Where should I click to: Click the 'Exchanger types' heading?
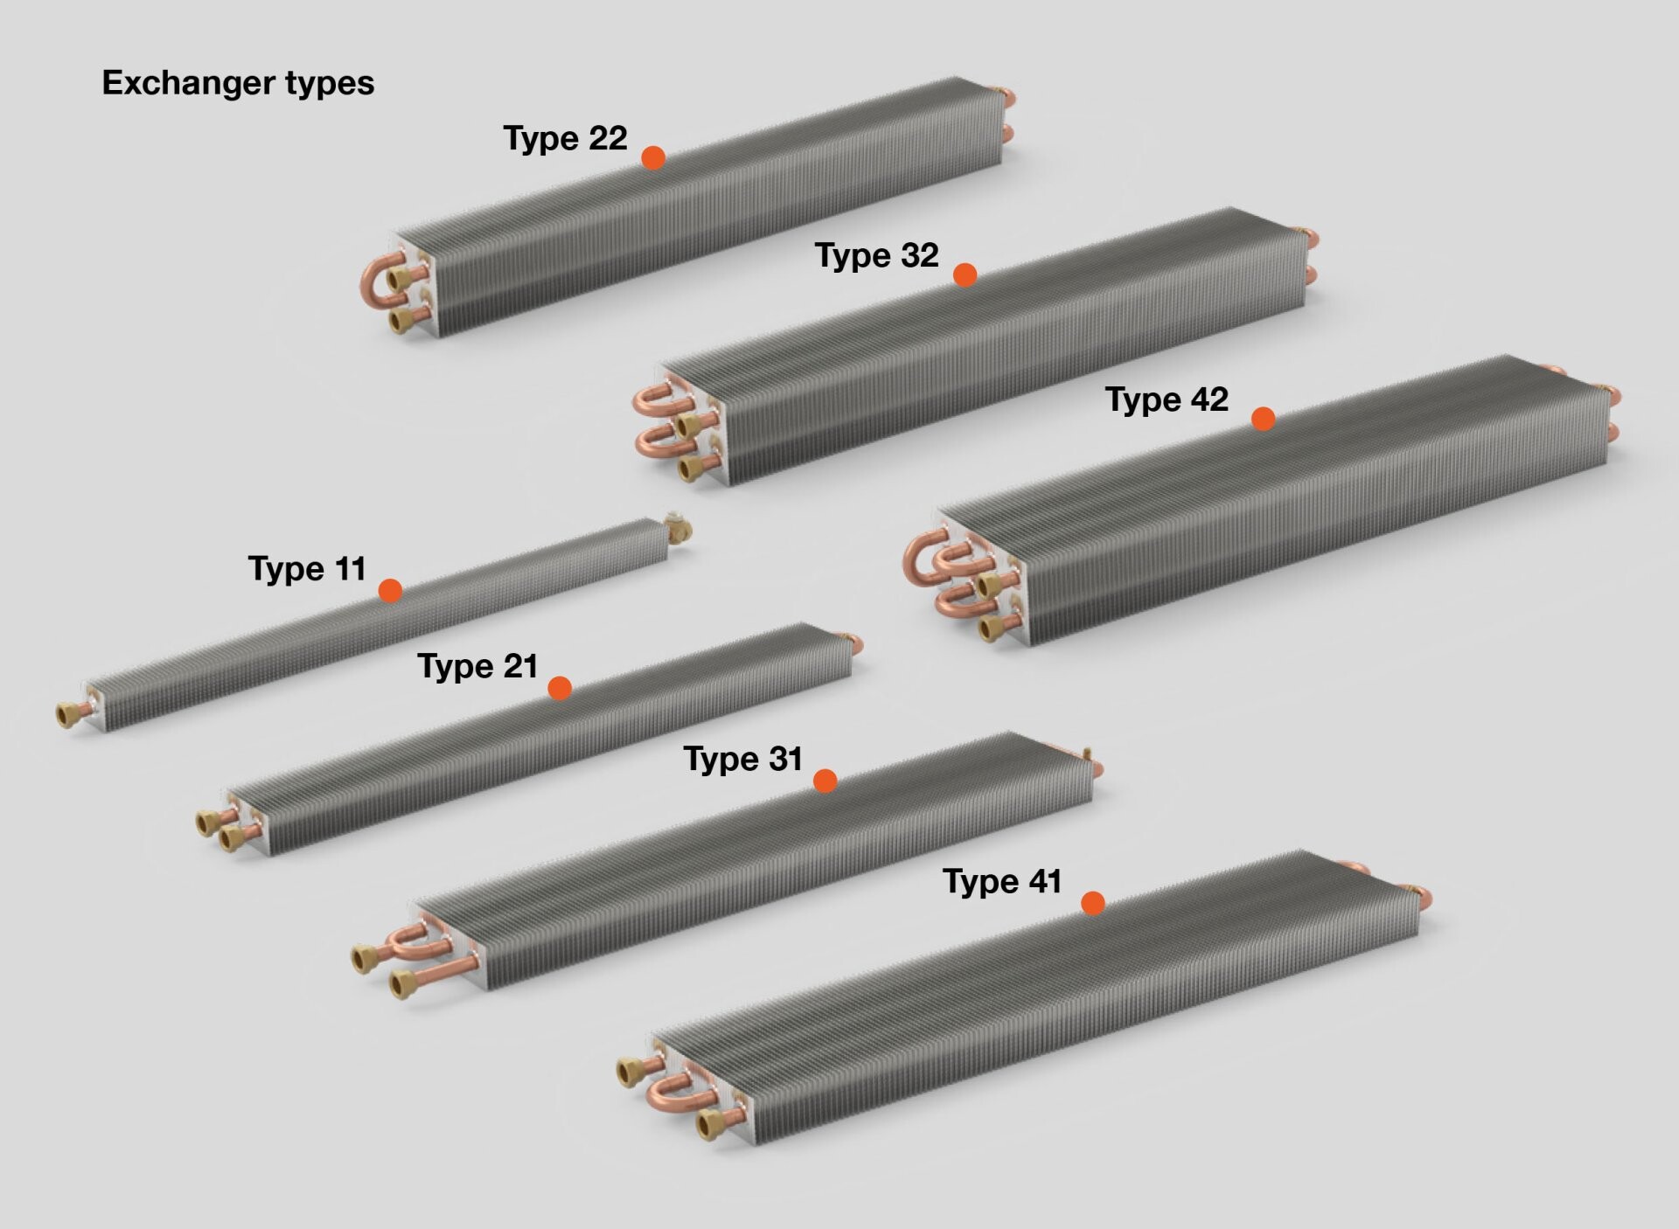pyautogui.click(x=238, y=83)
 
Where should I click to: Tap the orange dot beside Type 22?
pyautogui.click(x=653, y=157)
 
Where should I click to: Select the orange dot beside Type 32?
pyautogui.click(x=965, y=275)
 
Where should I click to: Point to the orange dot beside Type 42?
pyautogui.click(x=1263, y=419)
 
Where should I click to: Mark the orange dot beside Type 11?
pyautogui.click(x=390, y=591)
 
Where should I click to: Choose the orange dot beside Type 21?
pyautogui.click(x=560, y=688)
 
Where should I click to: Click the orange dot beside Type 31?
pyautogui.click(x=825, y=781)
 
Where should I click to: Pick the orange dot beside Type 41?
pyautogui.click(x=1092, y=903)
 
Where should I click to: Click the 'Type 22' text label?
pyautogui.click(x=565, y=138)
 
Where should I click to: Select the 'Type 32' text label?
pyautogui.click(x=876, y=255)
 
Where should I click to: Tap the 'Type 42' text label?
pyautogui.click(x=1167, y=399)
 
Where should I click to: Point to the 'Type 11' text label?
pyautogui.click(x=307, y=569)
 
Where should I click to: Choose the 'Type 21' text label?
pyautogui.click(x=477, y=666)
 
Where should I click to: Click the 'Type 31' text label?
pyautogui.click(x=742, y=759)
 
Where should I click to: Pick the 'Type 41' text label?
pyautogui.click(x=1001, y=881)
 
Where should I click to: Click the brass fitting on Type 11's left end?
pyautogui.click(x=68, y=715)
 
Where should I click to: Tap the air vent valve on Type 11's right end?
pyautogui.click(x=678, y=526)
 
